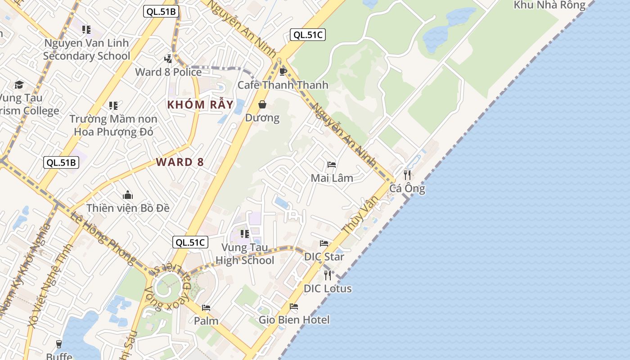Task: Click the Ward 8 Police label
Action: (168, 72)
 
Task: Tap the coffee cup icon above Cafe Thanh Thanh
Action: (283, 72)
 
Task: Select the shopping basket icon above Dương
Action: (262, 105)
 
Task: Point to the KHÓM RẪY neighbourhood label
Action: (200, 105)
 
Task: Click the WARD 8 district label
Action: (180, 162)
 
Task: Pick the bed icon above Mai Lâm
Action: (332, 165)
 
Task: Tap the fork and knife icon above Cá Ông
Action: (407, 175)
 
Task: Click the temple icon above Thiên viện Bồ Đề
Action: (128, 195)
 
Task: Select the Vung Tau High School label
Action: (245, 254)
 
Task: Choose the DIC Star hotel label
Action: (324, 257)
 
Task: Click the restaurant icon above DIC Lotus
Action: (328, 275)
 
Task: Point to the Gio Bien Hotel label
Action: (294, 320)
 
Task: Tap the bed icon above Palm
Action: (206, 308)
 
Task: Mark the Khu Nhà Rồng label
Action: (549, 5)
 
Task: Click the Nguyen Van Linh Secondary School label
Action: (86, 49)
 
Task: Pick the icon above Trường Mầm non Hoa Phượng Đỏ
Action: (113, 106)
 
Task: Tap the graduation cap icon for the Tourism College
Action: (19, 85)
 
